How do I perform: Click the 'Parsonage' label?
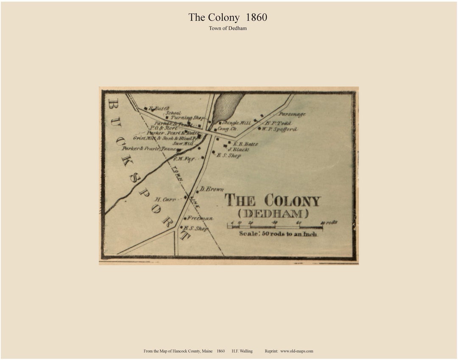click(x=292, y=114)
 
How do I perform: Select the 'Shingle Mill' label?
click(x=237, y=123)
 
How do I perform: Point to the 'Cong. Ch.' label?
click(x=227, y=129)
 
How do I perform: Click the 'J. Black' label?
click(x=238, y=149)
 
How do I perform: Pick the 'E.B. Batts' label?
click(x=245, y=144)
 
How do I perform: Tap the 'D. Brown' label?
click(x=212, y=189)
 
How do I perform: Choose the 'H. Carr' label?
click(x=165, y=199)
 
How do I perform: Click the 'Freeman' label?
click(x=200, y=218)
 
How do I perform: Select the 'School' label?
click(x=173, y=113)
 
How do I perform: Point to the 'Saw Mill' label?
click(x=183, y=143)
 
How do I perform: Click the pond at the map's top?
click(x=227, y=106)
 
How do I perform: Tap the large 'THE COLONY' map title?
click(x=272, y=200)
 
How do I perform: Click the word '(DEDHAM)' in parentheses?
click(x=273, y=214)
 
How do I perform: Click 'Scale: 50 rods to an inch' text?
click(x=278, y=234)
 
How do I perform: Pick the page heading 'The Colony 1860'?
click(x=228, y=17)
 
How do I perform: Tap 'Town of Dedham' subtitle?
click(x=228, y=28)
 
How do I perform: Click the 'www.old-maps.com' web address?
click(x=296, y=351)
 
